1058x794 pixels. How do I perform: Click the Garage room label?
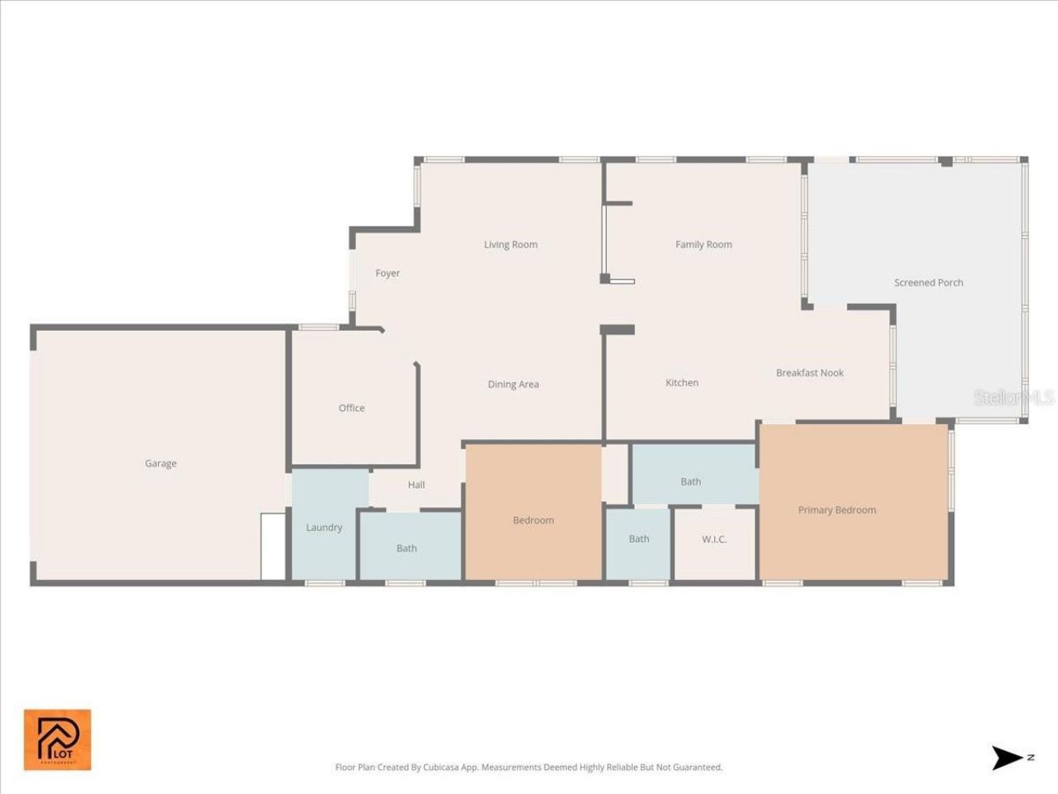[x=160, y=463]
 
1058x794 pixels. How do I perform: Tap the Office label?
[x=351, y=408]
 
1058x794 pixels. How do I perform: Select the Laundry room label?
[x=324, y=527]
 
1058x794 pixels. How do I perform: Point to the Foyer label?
[x=388, y=273]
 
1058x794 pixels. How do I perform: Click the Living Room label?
[x=511, y=244]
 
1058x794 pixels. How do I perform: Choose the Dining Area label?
[x=513, y=384]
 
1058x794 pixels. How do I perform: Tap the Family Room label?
[x=703, y=244]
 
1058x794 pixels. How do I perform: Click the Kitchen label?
[x=682, y=382]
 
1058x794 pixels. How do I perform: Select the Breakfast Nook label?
[x=809, y=372]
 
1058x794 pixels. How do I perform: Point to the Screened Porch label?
[x=928, y=282]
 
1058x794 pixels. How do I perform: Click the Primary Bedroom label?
[x=836, y=509]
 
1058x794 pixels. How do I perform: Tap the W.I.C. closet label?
[x=714, y=539]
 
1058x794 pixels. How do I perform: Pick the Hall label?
[x=417, y=485]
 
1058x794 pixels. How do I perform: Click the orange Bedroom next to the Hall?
[x=533, y=520]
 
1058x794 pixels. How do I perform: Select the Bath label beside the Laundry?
[x=407, y=548]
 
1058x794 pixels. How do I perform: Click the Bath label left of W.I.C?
[x=639, y=538]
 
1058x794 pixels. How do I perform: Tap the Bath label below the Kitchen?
[x=691, y=481]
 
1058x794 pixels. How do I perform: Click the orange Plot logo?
[x=57, y=739]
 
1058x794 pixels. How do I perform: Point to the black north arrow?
[x=1008, y=758]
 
